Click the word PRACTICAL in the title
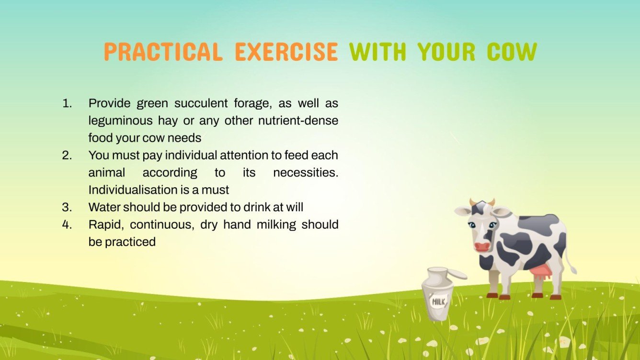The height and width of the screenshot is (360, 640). tap(163, 52)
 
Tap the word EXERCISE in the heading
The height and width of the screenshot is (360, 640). tap(286, 52)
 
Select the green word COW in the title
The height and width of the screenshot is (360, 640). tap(512, 52)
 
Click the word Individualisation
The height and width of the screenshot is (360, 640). tap(133, 190)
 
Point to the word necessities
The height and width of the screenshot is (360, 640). tap(305, 172)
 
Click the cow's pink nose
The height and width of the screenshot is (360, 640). tap(482, 247)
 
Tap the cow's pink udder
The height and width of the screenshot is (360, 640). tap(541, 274)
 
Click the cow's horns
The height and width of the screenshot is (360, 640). tap(482, 202)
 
